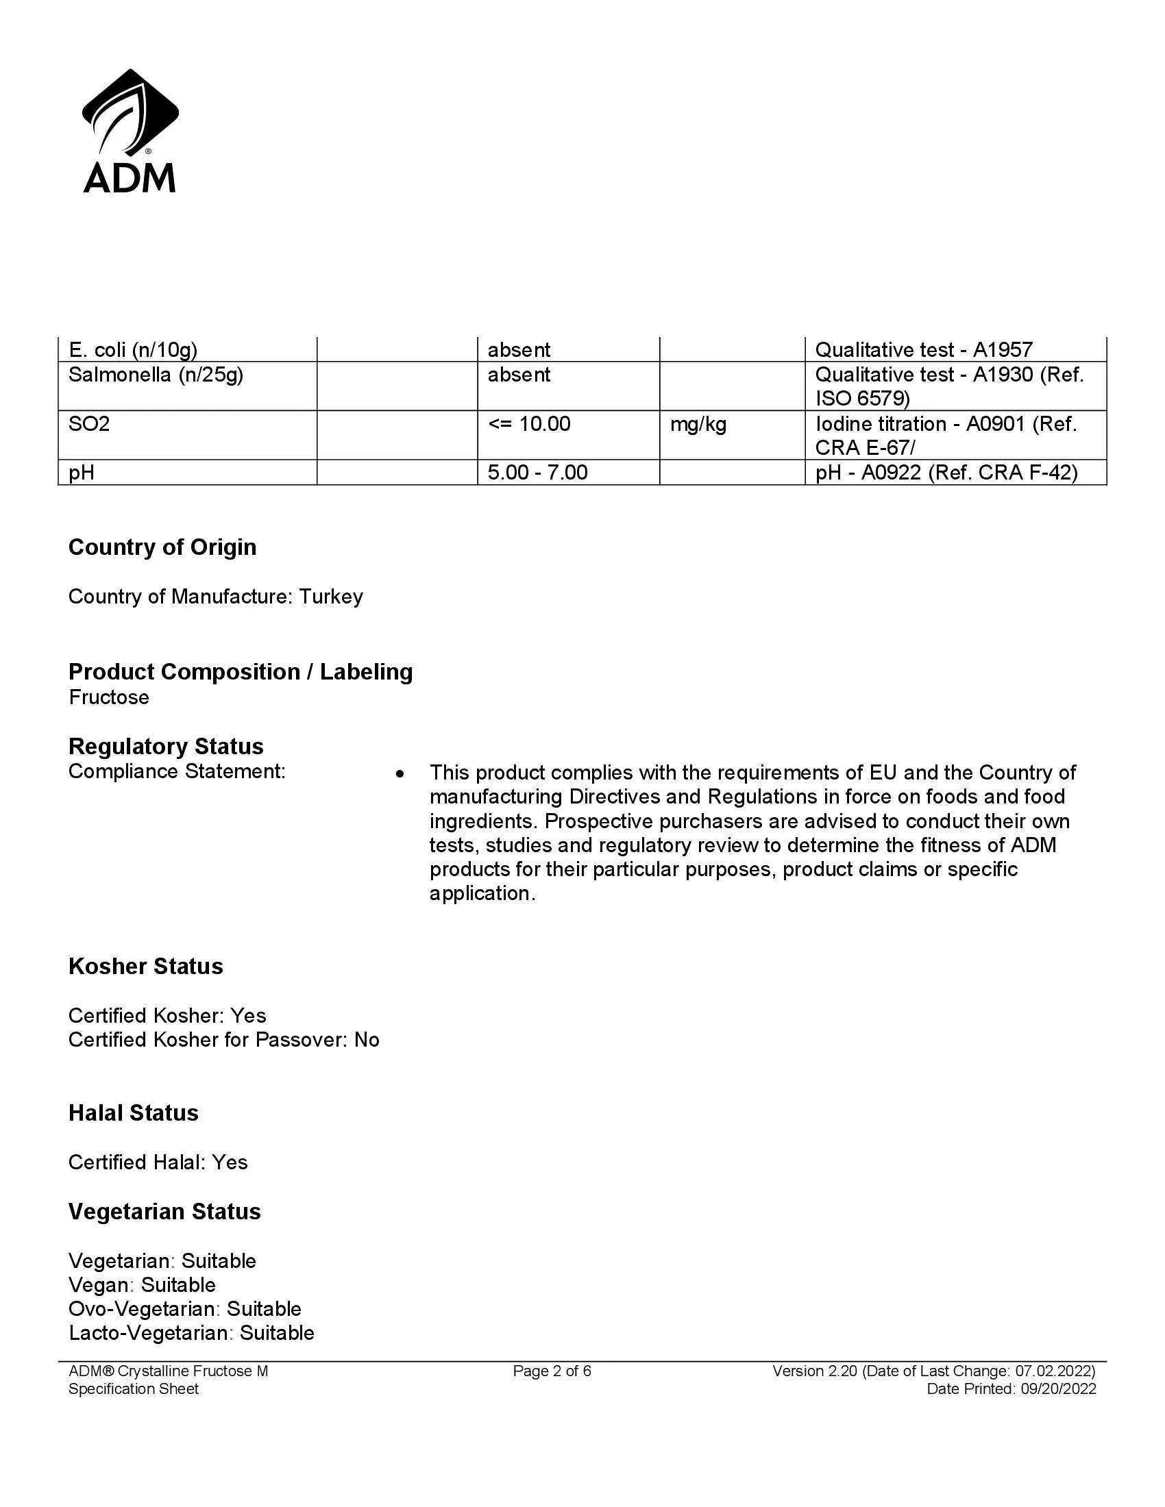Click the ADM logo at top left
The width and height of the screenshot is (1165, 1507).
click(130, 131)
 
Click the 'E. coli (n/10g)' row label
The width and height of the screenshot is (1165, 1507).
click(132, 351)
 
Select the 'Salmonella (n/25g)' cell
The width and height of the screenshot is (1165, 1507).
click(156, 375)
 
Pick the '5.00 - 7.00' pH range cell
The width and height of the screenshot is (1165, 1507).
click(537, 473)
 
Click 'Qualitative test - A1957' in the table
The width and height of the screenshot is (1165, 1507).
click(924, 351)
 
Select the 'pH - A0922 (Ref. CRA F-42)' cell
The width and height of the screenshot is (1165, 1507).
click(946, 473)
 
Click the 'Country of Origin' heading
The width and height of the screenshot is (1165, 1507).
click(162, 547)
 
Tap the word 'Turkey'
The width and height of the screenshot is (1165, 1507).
click(330, 597)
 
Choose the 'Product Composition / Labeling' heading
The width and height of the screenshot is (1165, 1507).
click(240, 671)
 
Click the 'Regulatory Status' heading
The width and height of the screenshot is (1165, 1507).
click(166, 747)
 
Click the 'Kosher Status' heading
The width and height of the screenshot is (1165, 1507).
click(145, 967)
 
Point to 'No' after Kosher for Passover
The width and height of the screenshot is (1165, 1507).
click(367, 1040)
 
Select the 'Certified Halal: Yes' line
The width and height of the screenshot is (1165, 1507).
click(158, 1162)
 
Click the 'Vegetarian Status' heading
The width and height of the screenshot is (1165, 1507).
click(164, 1212)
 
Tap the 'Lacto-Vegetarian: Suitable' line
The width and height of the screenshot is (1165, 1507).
click(191, 1333)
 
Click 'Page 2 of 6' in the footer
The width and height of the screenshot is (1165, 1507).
click(552, 1371)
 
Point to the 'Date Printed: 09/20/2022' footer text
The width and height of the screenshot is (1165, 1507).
click(1010, 1389)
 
